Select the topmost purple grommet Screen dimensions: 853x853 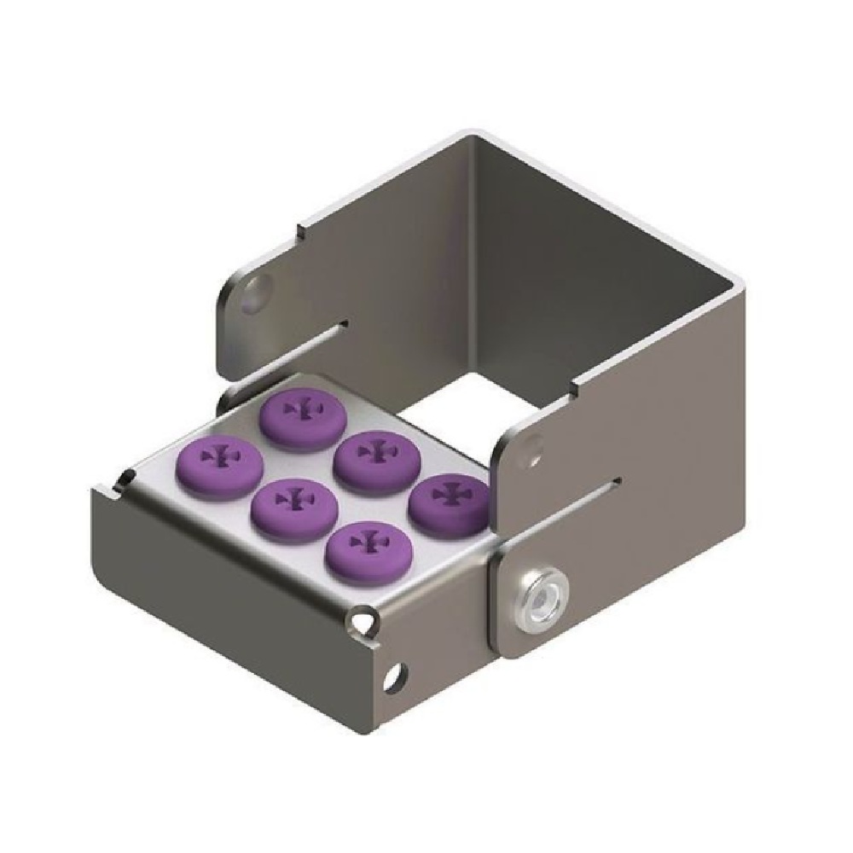[299, 416]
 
